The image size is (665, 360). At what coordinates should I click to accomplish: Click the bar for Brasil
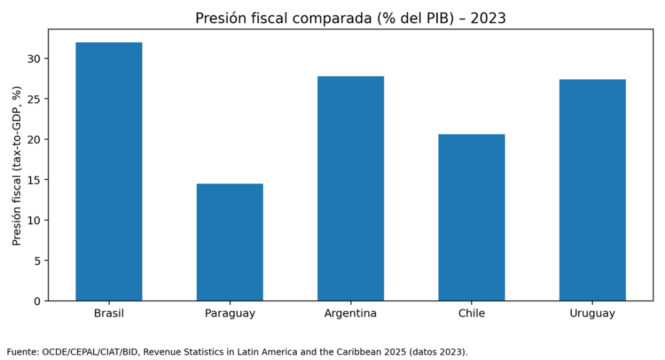109,172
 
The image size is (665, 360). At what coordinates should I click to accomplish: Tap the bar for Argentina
351,188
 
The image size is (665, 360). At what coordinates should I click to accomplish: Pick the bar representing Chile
471,218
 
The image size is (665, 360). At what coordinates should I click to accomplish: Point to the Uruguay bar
592,190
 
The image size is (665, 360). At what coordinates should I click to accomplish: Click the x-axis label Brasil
109,314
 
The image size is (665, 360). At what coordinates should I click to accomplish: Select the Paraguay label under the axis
230,314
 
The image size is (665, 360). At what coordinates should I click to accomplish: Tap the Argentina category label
351,314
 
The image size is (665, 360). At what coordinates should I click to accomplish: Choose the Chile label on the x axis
471,314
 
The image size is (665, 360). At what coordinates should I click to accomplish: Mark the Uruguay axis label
592,314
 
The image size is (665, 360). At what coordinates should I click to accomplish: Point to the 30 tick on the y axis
34,59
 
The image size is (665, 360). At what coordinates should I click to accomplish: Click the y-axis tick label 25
34,99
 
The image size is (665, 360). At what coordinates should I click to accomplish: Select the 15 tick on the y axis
34,180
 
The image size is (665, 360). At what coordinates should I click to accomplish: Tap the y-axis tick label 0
37,301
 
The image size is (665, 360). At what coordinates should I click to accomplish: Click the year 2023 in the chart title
488,19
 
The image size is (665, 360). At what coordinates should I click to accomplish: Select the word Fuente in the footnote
22,352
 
